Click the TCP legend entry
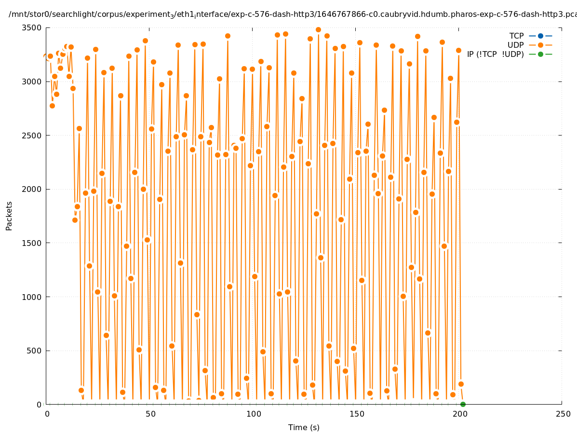516,36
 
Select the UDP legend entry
515,45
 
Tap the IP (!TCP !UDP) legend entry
495,54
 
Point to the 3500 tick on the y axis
32,27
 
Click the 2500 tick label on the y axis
32,136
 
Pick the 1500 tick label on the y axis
32,243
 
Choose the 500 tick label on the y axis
35,351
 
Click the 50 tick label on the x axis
150,414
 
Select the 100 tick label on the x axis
254,414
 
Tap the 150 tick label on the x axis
357,414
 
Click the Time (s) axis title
304,427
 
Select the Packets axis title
9,216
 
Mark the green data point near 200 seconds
463,404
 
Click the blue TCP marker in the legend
540,36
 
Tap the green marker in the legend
540,54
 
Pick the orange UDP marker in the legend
540,45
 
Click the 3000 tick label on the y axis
32,81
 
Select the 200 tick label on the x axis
460,414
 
